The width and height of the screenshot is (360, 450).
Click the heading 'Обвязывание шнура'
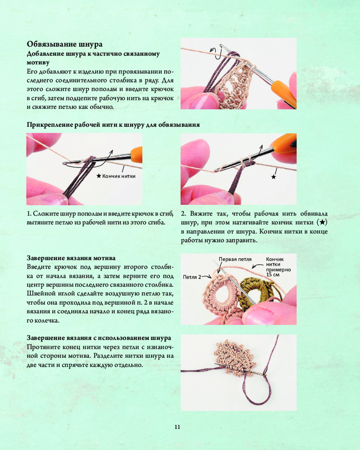(65, 44)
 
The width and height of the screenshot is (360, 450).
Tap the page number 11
(177, 427)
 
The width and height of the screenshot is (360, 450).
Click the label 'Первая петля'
(235, 259)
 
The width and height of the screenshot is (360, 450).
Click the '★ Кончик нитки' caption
(116, 176)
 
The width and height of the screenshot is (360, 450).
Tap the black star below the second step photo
(274, 177)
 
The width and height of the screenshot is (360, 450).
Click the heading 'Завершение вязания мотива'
(71, 258)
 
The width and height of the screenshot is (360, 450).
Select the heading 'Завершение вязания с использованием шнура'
(99, 338)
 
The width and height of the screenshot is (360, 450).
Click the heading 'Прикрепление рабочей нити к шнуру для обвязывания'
(113, 125)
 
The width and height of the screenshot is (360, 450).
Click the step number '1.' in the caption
(29, 214)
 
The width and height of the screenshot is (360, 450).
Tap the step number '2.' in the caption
(184, 214)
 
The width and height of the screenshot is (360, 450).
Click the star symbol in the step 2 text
(322, 222)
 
